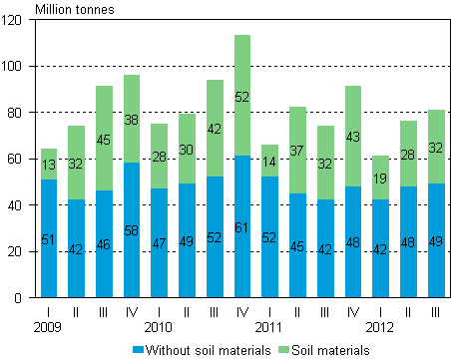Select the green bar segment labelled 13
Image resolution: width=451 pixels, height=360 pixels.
tap(49, 164)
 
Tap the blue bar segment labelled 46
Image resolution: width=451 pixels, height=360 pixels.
tap(104, 243)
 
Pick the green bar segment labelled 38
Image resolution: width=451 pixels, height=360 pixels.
tap(132, 119)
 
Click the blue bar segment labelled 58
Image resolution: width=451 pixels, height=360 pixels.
tap(132, 229)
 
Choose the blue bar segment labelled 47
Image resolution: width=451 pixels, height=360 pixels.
tap(160, 242)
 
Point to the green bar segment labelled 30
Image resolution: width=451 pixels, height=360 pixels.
tap(187, 149)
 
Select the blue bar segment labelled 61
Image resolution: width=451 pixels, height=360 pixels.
tap(242, 226)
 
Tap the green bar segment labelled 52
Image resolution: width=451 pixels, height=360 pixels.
tap(242, 96)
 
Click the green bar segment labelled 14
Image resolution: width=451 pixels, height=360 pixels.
tap(269, 161)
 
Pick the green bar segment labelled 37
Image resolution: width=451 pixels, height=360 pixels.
tap(297, 150)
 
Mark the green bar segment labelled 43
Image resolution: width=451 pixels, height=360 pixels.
tap(353, 136)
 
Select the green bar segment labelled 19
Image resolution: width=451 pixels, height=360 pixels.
tap(380, 178)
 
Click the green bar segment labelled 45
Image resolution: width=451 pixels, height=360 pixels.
tap(104, 139)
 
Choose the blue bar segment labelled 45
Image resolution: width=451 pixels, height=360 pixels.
tap(297, 245)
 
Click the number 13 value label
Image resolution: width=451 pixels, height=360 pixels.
tap(49, 165)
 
